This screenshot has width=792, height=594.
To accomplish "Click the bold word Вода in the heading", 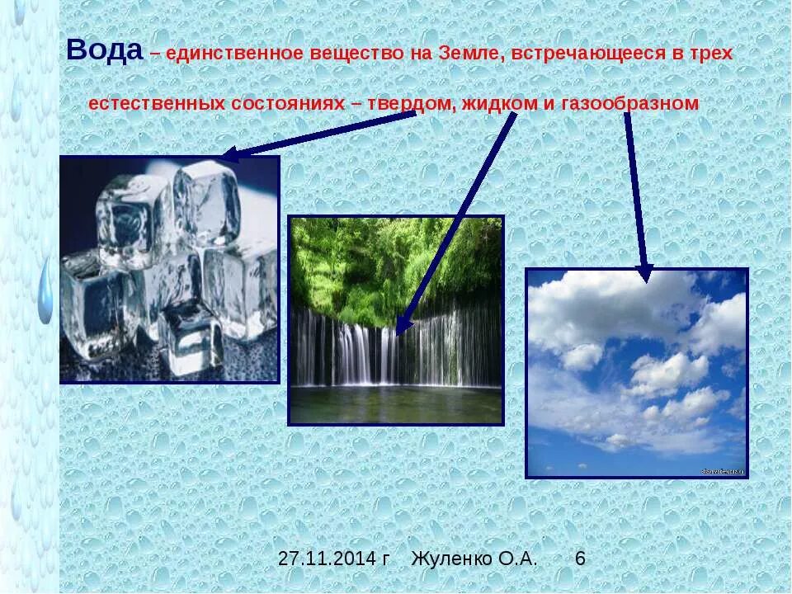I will [104, 51].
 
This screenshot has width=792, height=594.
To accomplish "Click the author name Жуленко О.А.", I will [474, 559].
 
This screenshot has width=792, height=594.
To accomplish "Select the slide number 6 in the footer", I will [580, 559].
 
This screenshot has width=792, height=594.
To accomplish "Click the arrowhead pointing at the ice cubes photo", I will [230, 154].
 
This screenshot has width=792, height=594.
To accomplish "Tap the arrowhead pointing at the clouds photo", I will [644, 274].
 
